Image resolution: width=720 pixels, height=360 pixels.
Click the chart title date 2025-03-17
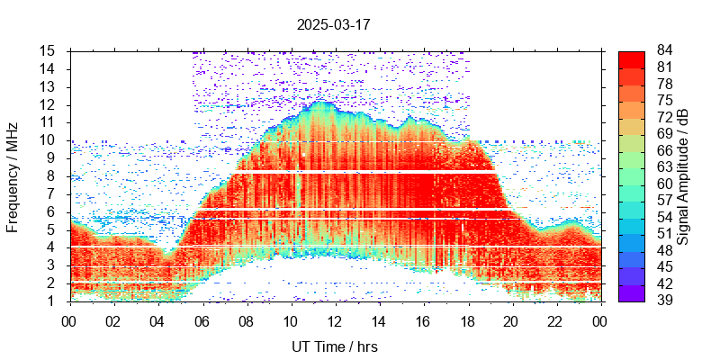click(333, 24)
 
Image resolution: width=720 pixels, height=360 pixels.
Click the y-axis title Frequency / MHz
click(13, 175)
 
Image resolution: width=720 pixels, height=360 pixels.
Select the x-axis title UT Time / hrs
click(335, 346)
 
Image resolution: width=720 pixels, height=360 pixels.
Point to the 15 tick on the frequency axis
click(49, 50)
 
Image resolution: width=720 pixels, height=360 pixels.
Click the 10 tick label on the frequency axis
click(49, 140)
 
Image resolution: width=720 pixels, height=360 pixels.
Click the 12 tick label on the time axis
click(335, 320)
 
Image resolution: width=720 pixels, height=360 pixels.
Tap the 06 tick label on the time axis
click(202, 320)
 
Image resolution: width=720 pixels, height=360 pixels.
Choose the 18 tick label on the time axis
click(467, 320)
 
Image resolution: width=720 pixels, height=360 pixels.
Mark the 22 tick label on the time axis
click(555, 320)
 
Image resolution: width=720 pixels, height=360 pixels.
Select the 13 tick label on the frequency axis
click(49, 86)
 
